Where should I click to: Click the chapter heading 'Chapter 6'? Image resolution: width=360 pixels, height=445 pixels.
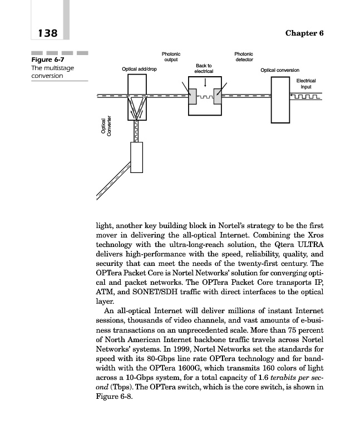coord(304,33)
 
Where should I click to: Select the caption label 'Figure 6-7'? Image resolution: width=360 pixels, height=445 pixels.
coord(46,61)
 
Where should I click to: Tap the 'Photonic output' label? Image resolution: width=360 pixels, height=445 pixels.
coord(170,57)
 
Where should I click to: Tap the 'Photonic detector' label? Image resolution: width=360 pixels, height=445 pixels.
coord(244,57)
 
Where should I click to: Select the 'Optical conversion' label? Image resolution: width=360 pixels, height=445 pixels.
coord(280,71)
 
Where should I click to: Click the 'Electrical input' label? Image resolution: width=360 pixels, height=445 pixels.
coord(305,84)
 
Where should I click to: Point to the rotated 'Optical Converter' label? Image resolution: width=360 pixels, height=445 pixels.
coord(106,126)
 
